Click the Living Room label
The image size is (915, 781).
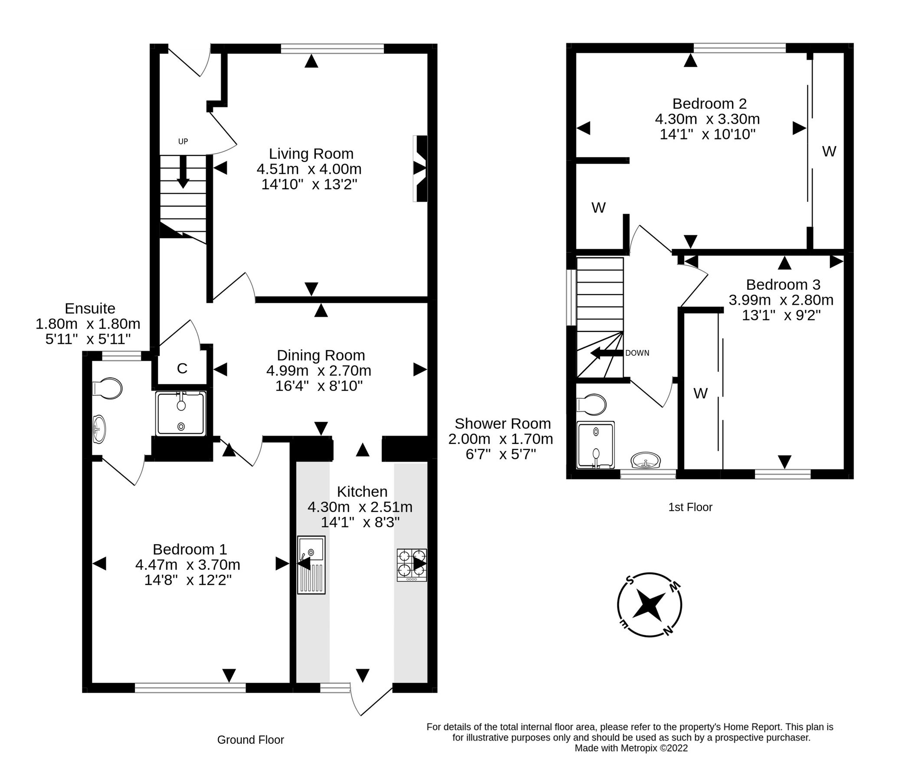pyautogui.click(x=311, y=154)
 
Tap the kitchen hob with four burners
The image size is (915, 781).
pyautogui.click(x=412, y=564)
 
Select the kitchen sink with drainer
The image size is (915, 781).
pyautogui.click(x=311, y=564)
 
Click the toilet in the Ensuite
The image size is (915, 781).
pyautogui.click(x=108, y=389)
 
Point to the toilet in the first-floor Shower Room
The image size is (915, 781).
pyautogui.click(x=592, y=405)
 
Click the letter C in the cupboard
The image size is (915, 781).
pyautogui.click(x=182, y=368)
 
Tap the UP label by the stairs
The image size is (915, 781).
pyautogui.click(x=183, y=141)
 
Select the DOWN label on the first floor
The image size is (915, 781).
pyautogui.click(x=637, y=353)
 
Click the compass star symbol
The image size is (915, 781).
pyautogui.click(x=649, y=606)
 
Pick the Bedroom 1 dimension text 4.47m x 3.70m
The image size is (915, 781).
pyautogui.click(x=188, y=564)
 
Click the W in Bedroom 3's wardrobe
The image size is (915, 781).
pyautogui.click(x=700, y=393)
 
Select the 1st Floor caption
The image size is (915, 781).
pyautogui.click(x=690, y=507)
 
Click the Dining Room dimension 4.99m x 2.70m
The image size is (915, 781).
pyautogui.click(x=318, y=371)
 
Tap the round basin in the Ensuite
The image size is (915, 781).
pyautogui.click(x=99, y=429)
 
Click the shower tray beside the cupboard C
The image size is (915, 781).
pyautogui.click(x=180, y=413)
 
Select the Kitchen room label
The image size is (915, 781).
pyautogui.click(x=362, y=491)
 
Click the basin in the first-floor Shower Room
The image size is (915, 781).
pyautogui.click(x=646, y=460)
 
